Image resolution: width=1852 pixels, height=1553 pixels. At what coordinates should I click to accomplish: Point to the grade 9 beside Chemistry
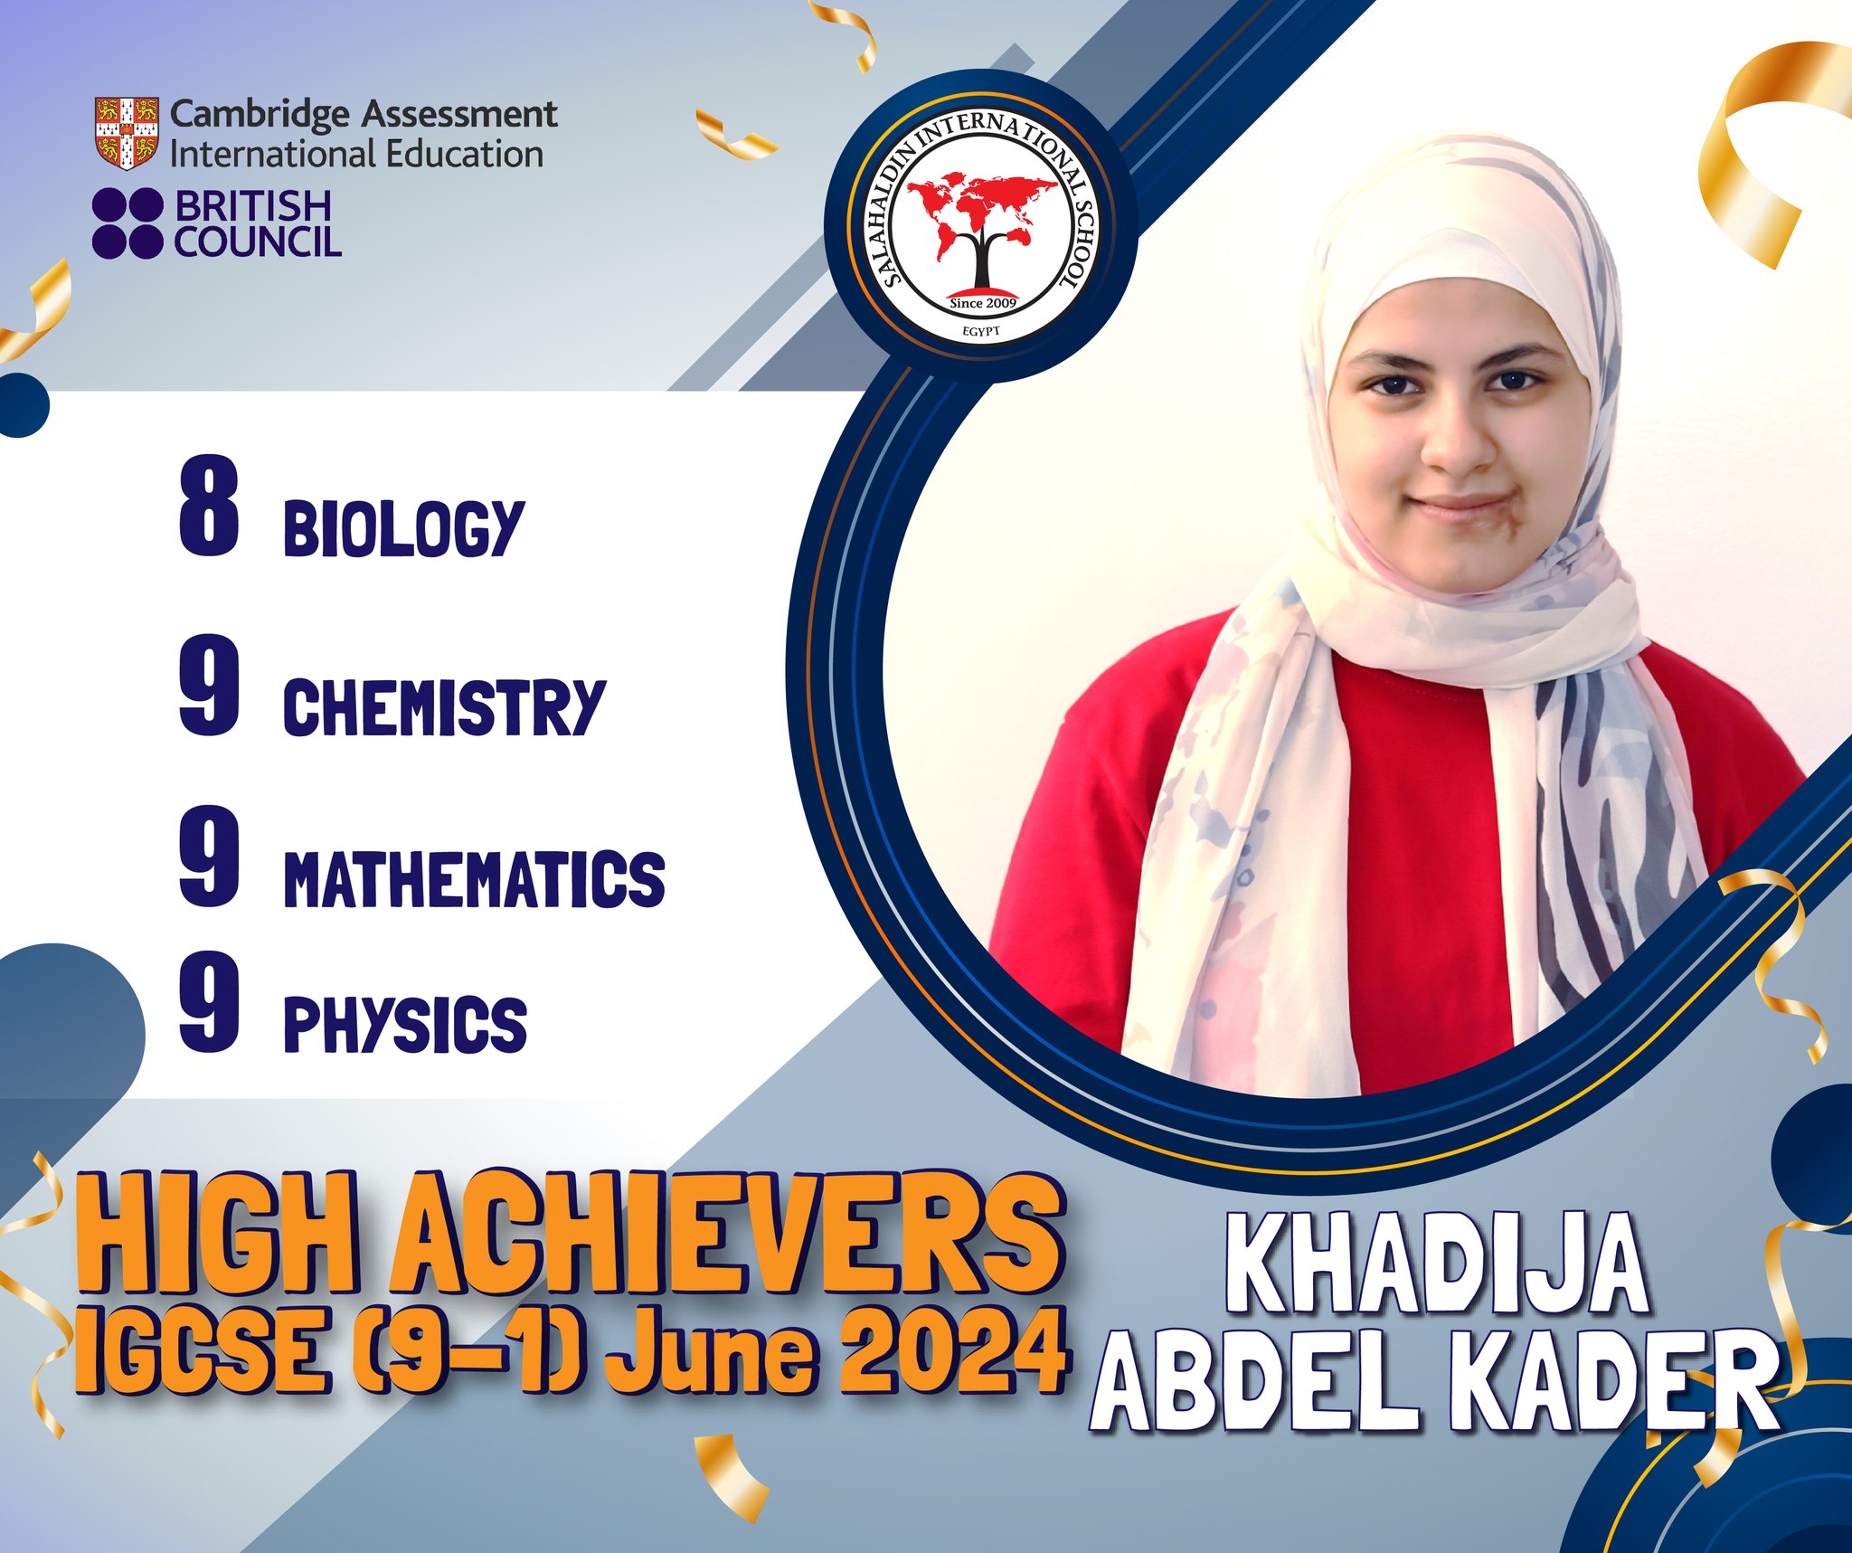(x=210, y=685)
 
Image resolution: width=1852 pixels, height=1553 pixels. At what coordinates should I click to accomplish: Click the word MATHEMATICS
(x=474, y=878)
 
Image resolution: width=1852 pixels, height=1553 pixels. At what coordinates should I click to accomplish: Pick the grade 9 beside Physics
(x=210, y=1003)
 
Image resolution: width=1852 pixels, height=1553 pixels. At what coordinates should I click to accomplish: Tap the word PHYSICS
(x=405, y=1025)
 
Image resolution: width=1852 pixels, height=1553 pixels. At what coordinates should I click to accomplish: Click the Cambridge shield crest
(x=127, y=132)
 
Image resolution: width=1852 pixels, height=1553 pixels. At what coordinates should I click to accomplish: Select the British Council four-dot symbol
(x=127, y=223)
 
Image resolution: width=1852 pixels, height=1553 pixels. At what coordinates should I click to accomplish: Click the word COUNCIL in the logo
(x=258, y=241)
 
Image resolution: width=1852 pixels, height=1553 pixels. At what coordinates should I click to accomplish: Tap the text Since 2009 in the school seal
(x=983, y=303)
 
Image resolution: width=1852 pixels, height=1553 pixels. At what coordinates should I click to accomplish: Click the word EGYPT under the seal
(x=981, y=333)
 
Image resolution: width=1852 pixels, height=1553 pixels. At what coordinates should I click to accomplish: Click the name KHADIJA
(x=1441, y=1267)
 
